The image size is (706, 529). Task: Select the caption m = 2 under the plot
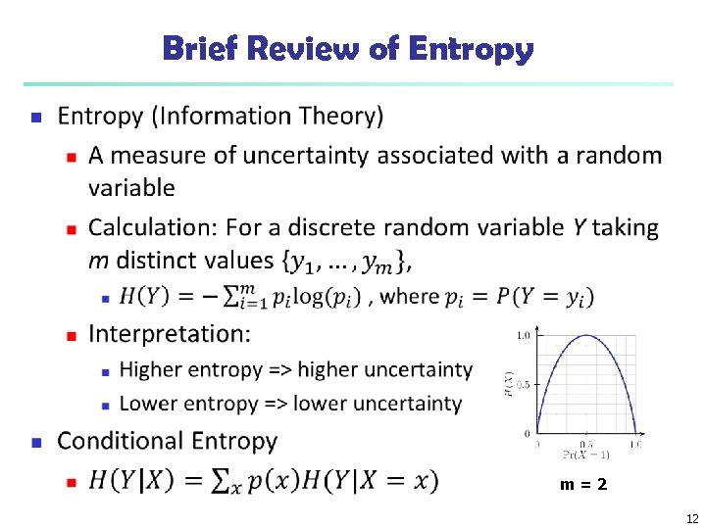click(582, 484)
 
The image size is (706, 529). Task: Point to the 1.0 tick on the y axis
click(523, 335)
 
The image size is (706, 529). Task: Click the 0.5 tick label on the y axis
click(523, 384)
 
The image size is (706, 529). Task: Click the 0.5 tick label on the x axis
click(586, 444)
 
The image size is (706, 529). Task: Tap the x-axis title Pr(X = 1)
click(586, 455)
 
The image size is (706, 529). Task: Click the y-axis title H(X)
click(508, 384)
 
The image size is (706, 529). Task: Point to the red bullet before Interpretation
click(71, 335)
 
